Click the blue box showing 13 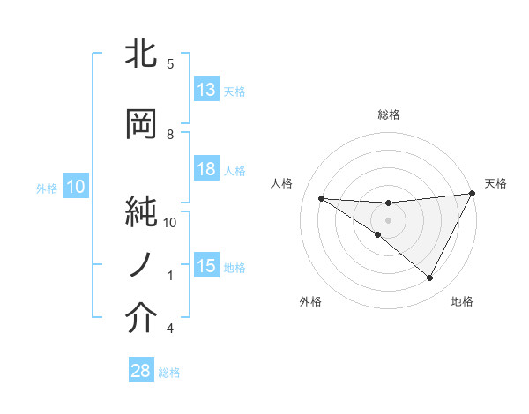(206, 90)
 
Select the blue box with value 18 (206, 169)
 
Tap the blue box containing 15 (206, 266)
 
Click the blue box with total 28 (141, 371)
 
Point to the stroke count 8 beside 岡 (170, 134)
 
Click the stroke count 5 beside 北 (170, 63)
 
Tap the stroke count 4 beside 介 (170, 329)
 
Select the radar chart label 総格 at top (388, 115)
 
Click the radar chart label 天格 (495, 183)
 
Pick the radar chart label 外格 (310, 301)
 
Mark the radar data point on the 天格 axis (473, 193)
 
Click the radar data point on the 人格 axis (321, 198)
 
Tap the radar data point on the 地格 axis (430, 278)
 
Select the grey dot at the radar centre (388, 219)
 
